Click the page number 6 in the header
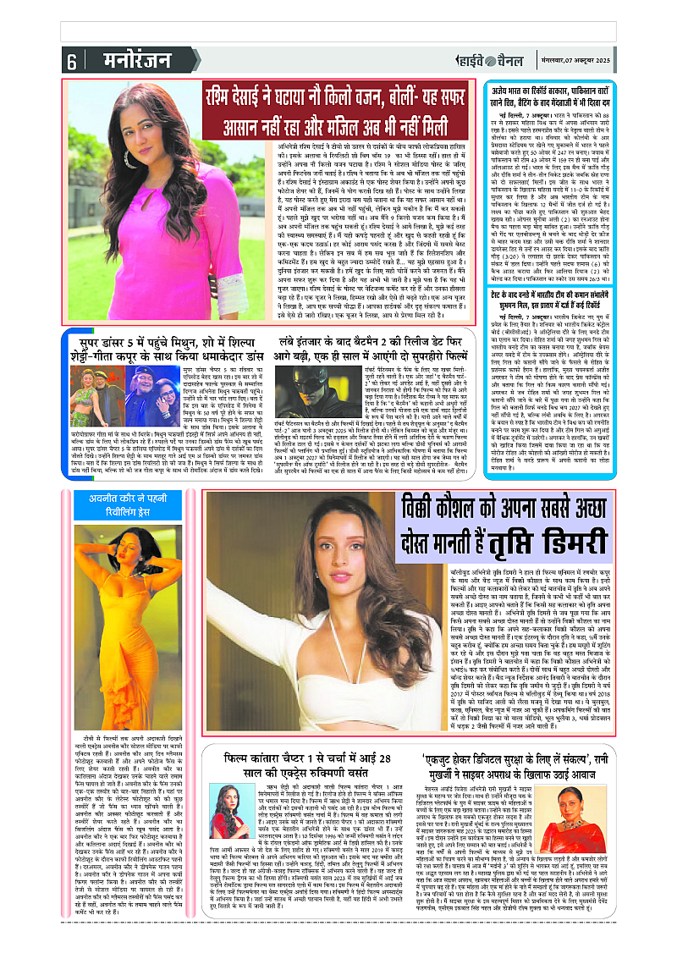(72, 62)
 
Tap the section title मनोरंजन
(127, 61)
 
